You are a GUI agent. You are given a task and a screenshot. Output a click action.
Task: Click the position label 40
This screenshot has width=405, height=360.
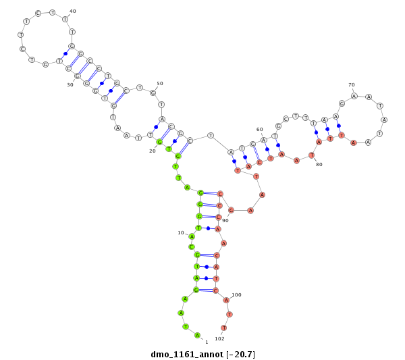[x=73, y=11]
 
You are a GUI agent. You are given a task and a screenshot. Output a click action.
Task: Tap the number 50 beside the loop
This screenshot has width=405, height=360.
[x=160, y=84]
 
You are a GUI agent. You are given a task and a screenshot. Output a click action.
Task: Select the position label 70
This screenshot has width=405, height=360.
[x=352, y=85]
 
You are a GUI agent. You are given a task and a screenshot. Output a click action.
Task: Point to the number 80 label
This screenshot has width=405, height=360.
[x=319, y=165]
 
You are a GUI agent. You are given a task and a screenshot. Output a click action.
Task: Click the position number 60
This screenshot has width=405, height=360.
[x=259, y=129]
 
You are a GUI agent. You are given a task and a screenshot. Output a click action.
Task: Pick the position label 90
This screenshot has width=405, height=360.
[x=225, y=220]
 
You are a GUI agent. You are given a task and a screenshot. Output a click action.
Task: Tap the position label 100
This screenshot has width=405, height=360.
[x=236, y=294]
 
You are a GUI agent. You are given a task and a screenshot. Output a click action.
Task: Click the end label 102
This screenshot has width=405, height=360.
[x=219, y=338]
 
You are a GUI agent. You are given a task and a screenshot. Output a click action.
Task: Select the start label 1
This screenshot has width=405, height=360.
[x=207, y=342]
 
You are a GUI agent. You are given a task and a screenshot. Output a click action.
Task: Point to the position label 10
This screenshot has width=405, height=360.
[x=181, y=232]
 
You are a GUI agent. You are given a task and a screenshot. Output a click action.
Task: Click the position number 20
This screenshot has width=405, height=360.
[x=153, y=151]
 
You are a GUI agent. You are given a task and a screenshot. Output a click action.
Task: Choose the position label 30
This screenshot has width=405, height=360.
[x=70, y=85]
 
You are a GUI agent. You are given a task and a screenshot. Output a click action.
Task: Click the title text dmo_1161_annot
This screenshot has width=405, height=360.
[x=186, y=354]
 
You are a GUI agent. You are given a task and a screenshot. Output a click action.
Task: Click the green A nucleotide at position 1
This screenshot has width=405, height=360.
[x=197, y=335]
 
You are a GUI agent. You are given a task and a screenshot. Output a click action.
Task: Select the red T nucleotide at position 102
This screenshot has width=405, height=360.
[x=224, y=328]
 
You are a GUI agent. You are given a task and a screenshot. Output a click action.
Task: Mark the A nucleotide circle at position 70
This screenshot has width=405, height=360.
[x=354, y=95]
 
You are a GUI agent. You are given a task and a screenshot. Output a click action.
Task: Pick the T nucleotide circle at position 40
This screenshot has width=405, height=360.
[x=65, y=19]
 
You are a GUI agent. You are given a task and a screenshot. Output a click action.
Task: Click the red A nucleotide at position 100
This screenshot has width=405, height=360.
[x=227, y=300]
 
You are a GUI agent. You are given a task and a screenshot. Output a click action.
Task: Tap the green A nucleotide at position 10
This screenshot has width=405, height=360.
[x=192, y=236]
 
